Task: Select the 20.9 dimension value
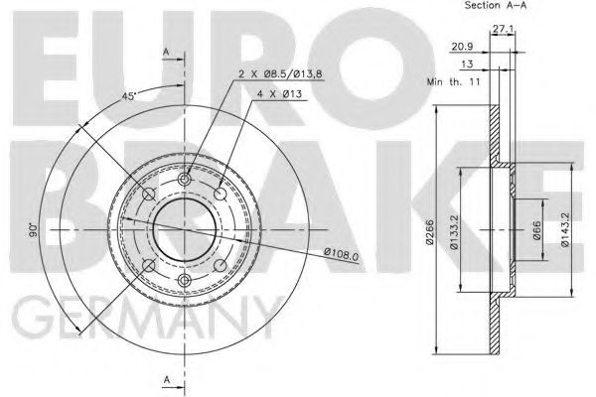pos(461,46)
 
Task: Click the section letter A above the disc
pos(167,52)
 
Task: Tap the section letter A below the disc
pos(167,381)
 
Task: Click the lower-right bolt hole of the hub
pos(221,266)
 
